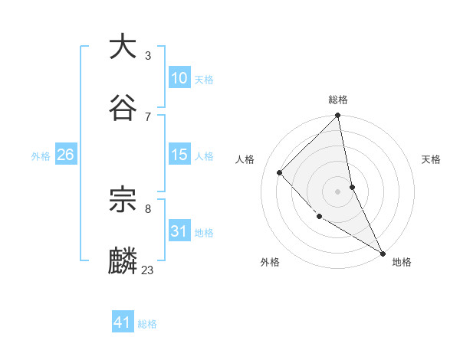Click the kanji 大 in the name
pos(123,47)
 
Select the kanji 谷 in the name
pos(123,106)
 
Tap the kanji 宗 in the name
pos(123,200)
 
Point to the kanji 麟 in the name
pos(123,260)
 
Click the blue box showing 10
pos(179,78)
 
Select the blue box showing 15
pos(179,155)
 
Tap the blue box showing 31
pos(179,231)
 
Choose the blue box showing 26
pos(65,155)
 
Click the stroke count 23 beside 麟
pos(147,270)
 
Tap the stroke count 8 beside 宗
pos(147,208)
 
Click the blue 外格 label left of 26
pos(41,155)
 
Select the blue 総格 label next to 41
pos(147,323)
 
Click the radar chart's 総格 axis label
pos(338,100)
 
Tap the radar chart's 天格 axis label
pos(431,159)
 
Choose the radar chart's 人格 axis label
pos(245,159)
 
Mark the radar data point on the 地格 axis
pos(383,253)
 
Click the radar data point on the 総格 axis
pos(338,116)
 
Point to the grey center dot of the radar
pos(338,191)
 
